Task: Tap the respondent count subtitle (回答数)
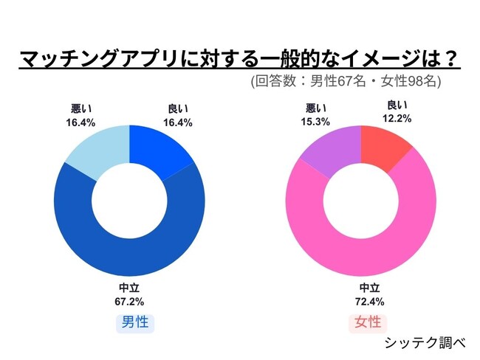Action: click(x=346, y=81)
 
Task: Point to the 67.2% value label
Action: click(x=129, y=301)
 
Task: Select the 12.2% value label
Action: click(x=397, y=117)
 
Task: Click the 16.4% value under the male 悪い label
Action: click(x=80, y=122)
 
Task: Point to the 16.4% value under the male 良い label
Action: click(x=177, y=122)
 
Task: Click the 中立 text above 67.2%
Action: click(x=129, y=288)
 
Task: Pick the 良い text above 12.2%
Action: click(x=397, y=105)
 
